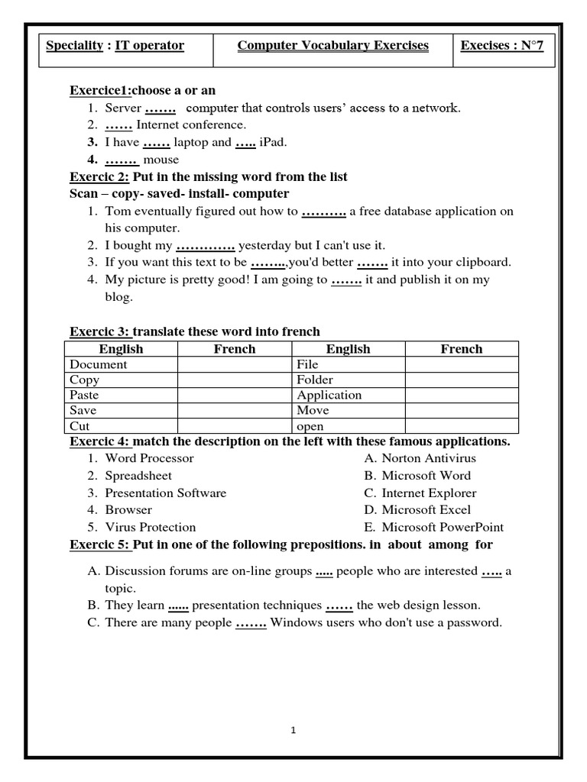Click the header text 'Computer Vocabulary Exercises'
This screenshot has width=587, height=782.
(332, 46)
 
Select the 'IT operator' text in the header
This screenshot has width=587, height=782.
(149, 46)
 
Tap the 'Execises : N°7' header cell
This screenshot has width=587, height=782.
(507, 46)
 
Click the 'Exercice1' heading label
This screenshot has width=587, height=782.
(100, 91)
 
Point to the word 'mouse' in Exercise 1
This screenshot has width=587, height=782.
(166, 160)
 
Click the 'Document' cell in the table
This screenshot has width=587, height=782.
(99, 364)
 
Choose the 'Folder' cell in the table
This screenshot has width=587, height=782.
(315, 380)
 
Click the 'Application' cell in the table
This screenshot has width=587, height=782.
(329, 395)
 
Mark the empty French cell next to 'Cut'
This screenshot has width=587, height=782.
(235, 426)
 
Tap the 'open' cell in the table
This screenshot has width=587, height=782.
(310, 426)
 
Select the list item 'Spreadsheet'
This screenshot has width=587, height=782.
(138, 475)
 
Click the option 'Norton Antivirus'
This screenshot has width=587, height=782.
(428, 458)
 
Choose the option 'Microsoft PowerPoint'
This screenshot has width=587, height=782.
(442, 527)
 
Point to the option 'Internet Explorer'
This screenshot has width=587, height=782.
(428, 493)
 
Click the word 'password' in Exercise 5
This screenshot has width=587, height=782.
(474, 622)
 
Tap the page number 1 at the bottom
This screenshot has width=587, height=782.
(293, 731)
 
